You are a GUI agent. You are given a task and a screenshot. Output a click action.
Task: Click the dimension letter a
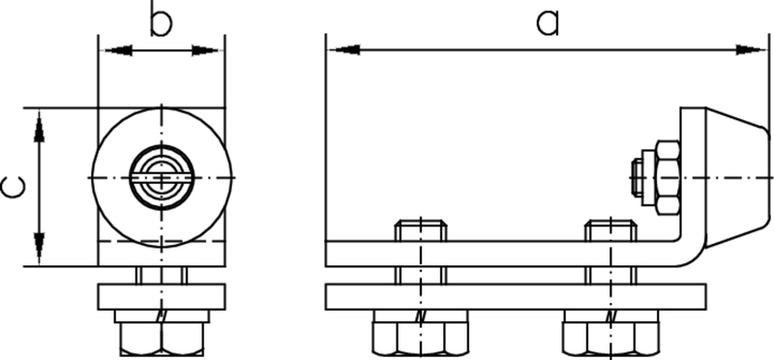548,22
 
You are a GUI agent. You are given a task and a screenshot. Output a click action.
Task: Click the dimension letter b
162,22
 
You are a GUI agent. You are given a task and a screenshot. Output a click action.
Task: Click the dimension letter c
13,187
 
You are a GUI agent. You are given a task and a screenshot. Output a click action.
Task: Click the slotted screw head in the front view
162,177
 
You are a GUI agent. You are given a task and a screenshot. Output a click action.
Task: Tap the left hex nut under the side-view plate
420,334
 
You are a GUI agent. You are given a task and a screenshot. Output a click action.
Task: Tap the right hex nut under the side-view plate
610,334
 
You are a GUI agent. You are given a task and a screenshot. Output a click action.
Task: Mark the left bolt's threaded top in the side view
420,231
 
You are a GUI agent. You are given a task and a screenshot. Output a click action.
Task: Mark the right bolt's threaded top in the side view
610,231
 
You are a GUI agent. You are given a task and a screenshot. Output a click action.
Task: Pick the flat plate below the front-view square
162,295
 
